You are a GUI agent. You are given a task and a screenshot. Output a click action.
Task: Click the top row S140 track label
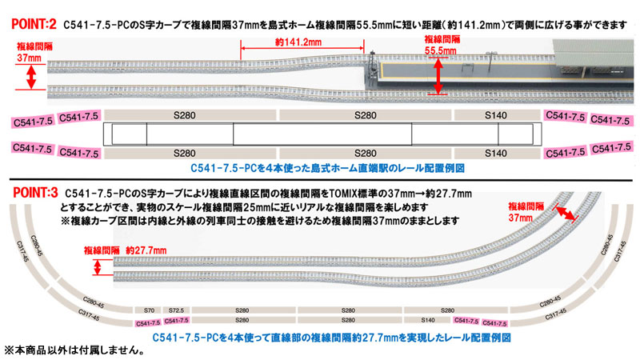click(x=496, y=117)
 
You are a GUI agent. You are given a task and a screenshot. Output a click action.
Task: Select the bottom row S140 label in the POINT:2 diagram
click(x=496, y=152)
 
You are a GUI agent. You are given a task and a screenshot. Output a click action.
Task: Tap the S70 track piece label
click(x=148, y=310)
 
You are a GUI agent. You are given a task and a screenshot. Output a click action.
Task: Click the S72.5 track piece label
click(x=178, y=310)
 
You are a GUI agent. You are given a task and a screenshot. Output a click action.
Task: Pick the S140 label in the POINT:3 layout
click(x=429, y=319)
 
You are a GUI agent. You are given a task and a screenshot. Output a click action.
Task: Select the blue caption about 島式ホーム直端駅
click(x=328, y=169)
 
